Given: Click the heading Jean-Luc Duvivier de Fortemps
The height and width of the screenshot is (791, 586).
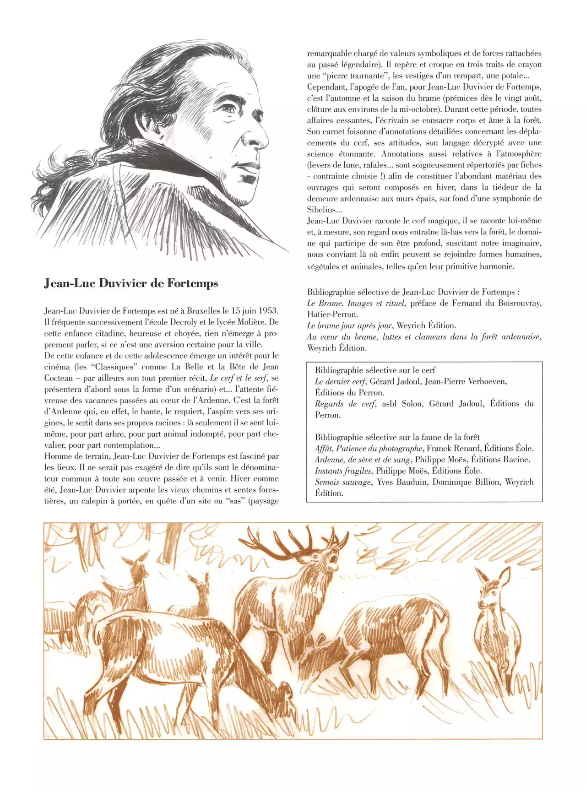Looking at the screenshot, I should click(x=131, y=284).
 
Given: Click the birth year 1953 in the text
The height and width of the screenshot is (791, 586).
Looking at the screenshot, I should click(x=268, y=311).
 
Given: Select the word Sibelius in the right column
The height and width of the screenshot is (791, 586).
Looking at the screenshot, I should click(x=323, y=210).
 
